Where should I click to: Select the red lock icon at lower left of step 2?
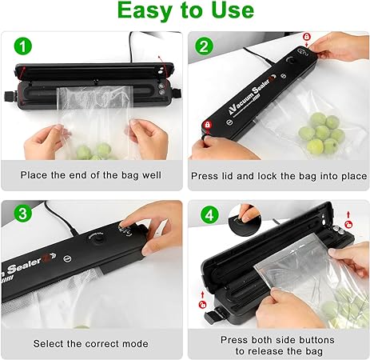pyautogui.click(x=206, y=126)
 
